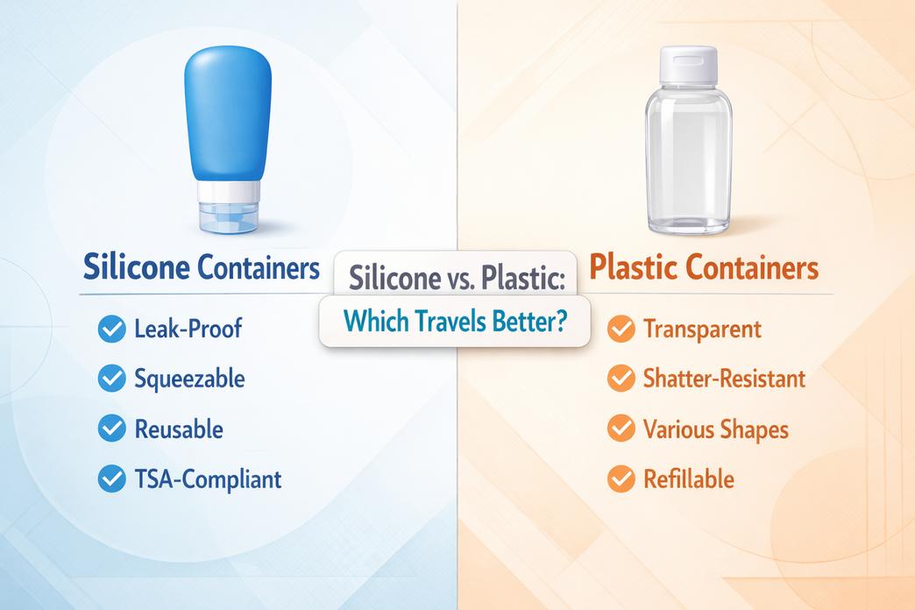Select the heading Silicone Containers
(201, 268)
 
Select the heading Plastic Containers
(704, 268)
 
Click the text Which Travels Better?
(453, 322)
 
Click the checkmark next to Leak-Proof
(110, 330)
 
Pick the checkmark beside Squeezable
(110, 379)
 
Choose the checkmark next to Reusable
(110, 429)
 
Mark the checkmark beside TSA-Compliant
(110, 479)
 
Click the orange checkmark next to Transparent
(621, 330)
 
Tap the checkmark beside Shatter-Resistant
(621, 379)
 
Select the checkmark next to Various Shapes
(621, 429)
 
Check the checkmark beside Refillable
(621, 479)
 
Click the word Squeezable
(189, 379)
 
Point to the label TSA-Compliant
(208, 479)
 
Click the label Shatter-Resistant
(723, 379)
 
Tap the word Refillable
(688, 479)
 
